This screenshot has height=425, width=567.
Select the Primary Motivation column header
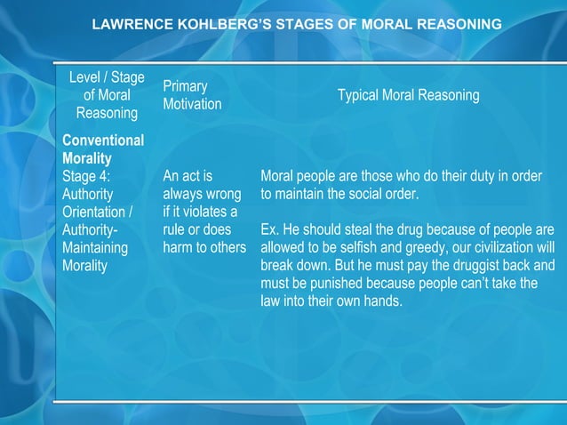coord(191,95)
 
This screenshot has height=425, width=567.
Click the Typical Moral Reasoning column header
coord(408,95)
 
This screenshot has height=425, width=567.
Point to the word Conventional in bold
coord(103,140)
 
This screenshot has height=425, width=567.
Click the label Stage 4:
coord(87,176)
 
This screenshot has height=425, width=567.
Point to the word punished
coord(353,283)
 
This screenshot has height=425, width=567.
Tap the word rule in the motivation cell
coord(178,229)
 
